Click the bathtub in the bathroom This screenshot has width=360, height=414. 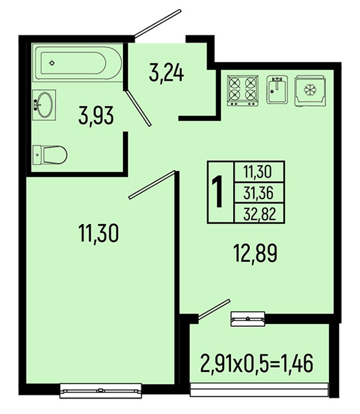(x=78, y=63)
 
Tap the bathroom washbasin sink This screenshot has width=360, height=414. (x=44, y=105)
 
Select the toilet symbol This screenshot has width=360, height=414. (x=50, y=155)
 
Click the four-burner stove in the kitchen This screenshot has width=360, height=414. (x=243, y=91)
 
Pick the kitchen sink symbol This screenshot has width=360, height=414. (x=277, y=89)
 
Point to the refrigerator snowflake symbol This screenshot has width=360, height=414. (x=310, y=90)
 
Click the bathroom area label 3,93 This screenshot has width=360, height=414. (x=96, y=116)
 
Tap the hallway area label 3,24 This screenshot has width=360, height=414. (x=166, y=73)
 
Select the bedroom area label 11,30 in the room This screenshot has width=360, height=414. (x=98, y=233)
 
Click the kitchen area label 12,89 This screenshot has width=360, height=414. (x=255, y=254)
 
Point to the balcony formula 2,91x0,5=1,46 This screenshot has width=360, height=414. (x=256, y=364)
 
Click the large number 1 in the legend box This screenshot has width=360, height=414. (x=218, y=191)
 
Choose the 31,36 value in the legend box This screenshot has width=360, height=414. (x=258, y=193)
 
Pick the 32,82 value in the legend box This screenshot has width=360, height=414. (x=260, y=213)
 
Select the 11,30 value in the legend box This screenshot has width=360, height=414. (x=258, y=171)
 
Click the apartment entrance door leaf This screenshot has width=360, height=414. (x=158, y=23)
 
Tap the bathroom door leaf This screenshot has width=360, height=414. (x=138, y=108)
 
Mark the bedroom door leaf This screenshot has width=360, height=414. (x=152, y=184)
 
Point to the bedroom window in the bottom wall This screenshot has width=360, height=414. (x=101, y=390)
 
